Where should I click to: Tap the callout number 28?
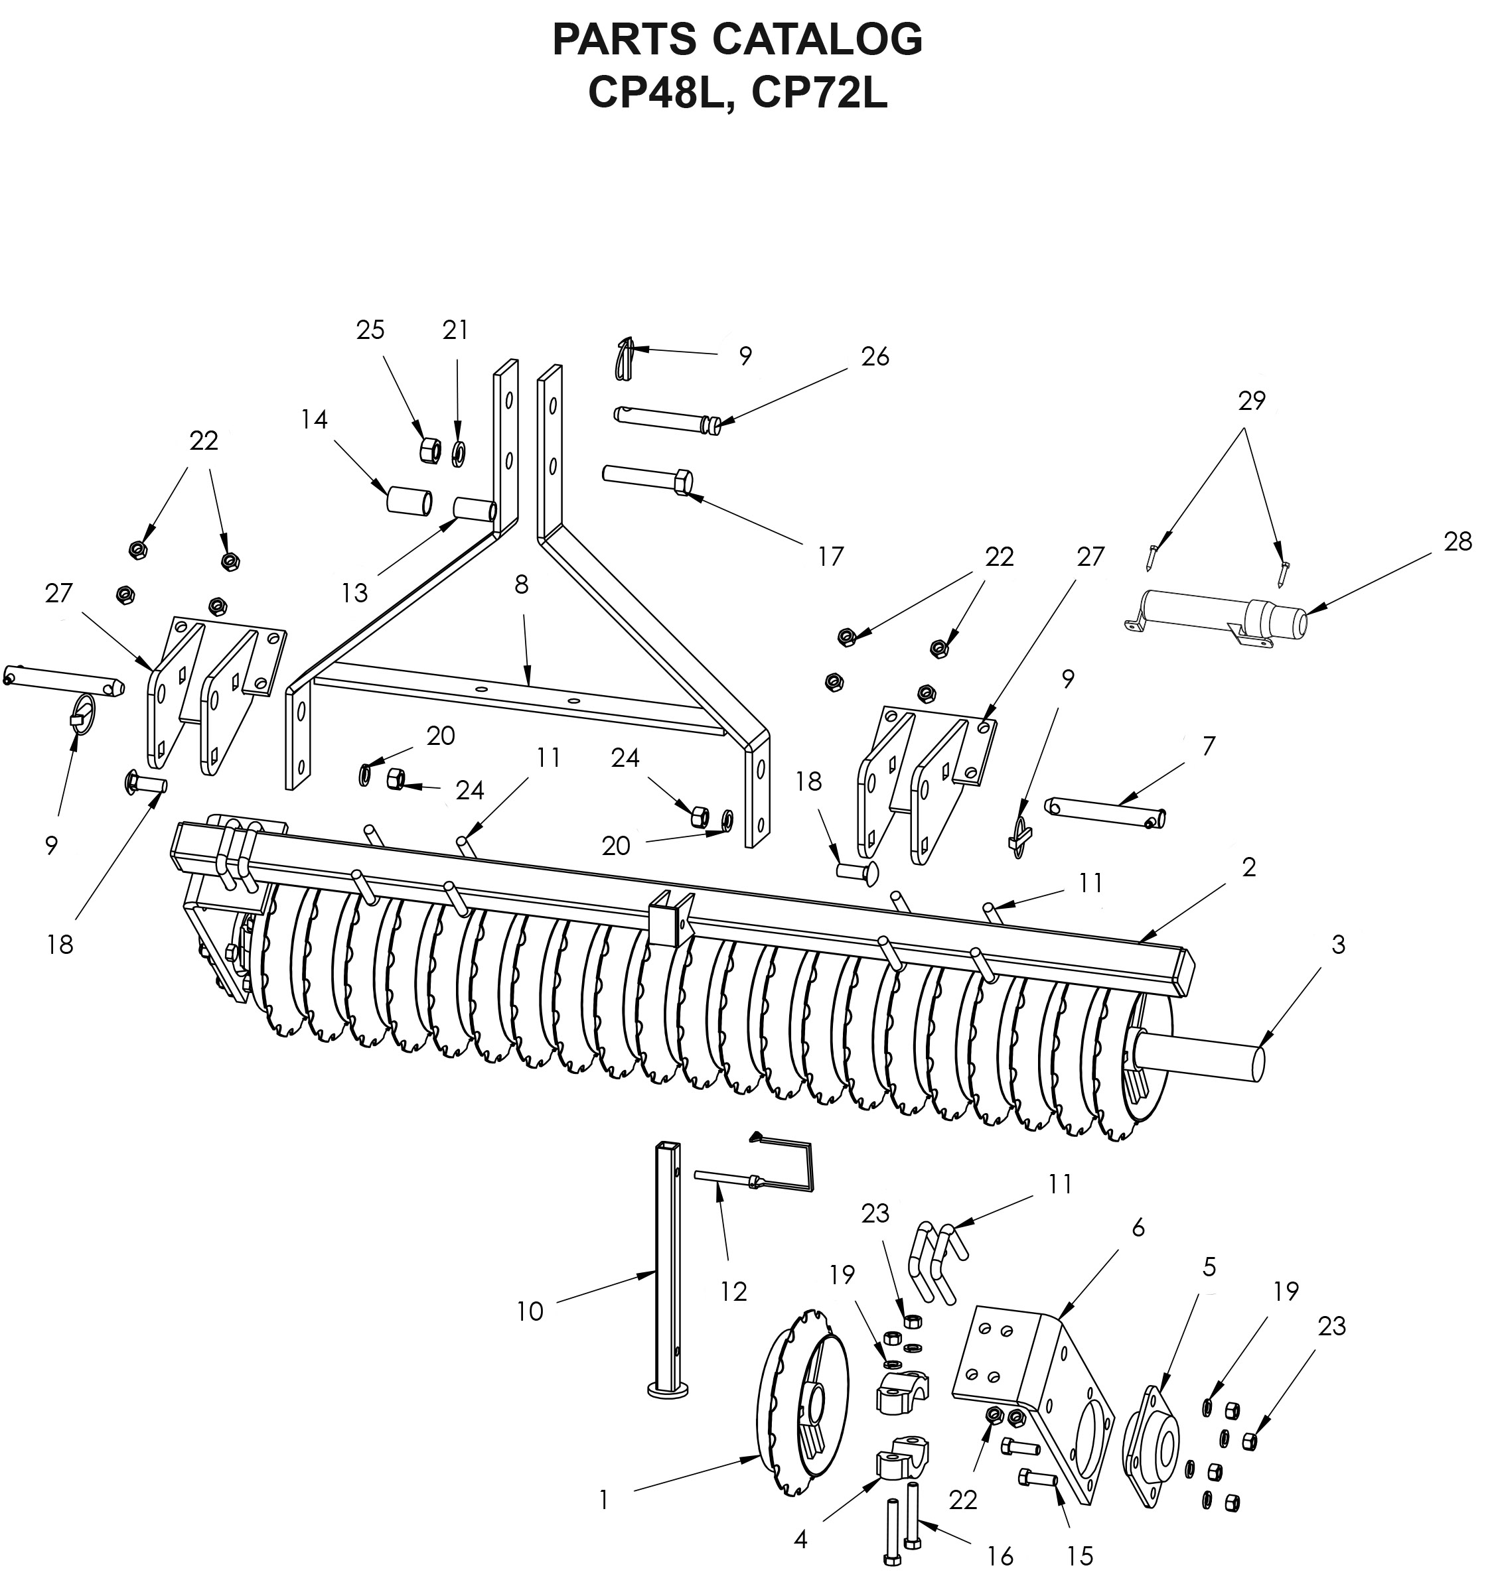tap(1458, 542)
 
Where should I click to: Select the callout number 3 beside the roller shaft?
tap(1338, 945)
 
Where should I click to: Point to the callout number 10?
tap(530, 1311)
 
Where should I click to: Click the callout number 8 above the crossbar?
tap(522, 585)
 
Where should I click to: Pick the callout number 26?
tap(875, 356)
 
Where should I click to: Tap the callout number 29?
tap(1251, 401)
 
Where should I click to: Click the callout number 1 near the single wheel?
tap(604, 1500)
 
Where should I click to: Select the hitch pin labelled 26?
tap(667, 419)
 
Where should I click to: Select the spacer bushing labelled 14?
tap(410, 501)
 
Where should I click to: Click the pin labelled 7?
tap(1106, 812)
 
